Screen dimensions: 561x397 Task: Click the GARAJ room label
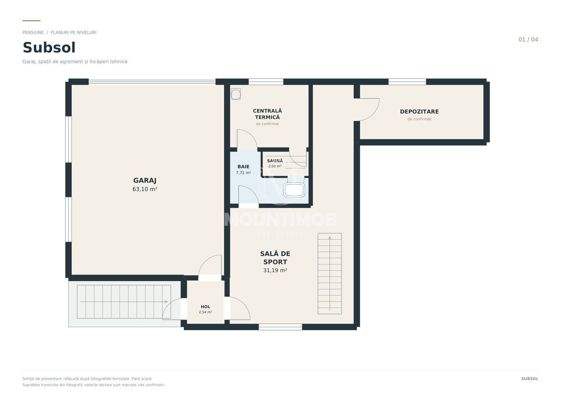click(x=145, y=180)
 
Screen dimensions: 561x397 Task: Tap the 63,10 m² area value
click(x=145, y=189)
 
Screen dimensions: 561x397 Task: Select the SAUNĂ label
click(x=275, y=161)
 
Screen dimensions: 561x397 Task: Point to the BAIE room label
click(x=244, y=167)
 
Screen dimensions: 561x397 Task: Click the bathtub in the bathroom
click(x=294, y=190)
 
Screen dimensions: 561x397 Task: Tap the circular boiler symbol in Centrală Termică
click(x=235, y=94)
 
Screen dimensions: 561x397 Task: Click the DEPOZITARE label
click(x=419, y=111)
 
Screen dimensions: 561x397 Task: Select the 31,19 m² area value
click(x=275, y=270)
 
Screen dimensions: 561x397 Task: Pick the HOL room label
click(x=205, y=307)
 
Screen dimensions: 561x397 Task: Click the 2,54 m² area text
click(x=205, y=312)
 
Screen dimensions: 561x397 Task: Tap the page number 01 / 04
click(x=528, y=40)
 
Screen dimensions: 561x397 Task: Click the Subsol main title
click(x=49, y=48)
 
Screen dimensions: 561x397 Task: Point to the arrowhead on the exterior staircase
click(x=166, y=302)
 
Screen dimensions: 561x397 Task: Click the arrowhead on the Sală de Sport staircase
click(x=330, y=238)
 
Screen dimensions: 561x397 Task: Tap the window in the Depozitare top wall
click(x=407, y=82)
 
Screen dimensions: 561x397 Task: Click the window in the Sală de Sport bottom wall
click(x=280, y=327)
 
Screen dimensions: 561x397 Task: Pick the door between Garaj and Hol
click(x=210, y=267)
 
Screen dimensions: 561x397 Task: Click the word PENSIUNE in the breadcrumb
click(x=33, y=33)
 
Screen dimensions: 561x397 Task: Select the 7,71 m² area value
click(x=244, y=173)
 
